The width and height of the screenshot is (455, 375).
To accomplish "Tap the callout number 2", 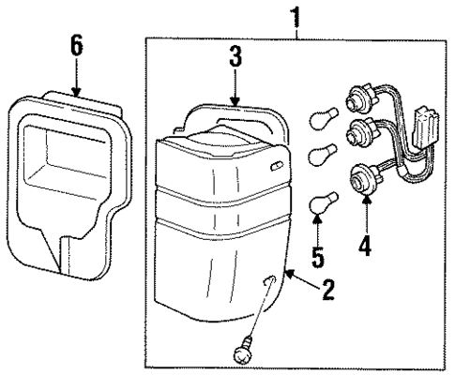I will click(x=326, y=291).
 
